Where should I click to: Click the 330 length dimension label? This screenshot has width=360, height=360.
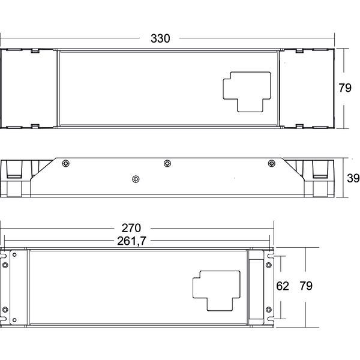point(160,38)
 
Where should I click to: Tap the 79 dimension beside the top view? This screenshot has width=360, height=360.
point(344,88)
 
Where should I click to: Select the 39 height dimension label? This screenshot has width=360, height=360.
point(353,178)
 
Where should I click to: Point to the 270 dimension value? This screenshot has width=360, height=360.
point(131,228)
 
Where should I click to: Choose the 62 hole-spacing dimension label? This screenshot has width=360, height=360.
point(283,286)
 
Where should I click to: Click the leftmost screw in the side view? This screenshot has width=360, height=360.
point(66,163)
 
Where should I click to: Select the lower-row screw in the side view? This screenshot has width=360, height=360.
point(136,178)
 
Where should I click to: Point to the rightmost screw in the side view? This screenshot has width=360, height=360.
point(271,163)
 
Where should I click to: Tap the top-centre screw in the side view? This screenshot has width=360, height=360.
point(167,163)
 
